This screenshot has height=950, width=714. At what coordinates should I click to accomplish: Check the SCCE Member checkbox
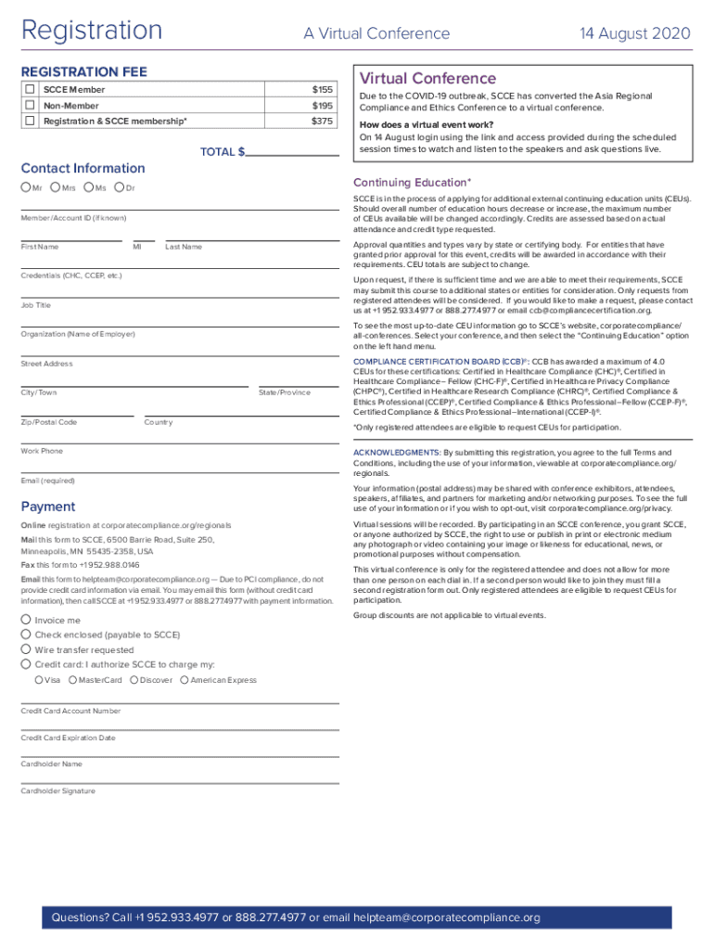[x=31, y=89]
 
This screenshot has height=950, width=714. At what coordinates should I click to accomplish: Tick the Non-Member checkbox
[x=31, y=105]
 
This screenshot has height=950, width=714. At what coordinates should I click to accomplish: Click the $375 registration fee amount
[x=322, y=121]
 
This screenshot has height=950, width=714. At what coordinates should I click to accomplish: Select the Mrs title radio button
[x=56, y=188]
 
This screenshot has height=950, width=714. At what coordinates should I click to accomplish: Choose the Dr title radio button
[x=119, y=188]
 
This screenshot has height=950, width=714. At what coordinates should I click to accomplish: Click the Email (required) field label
[x=47, y=481]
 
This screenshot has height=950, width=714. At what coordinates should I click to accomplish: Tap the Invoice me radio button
[x=25, y=620]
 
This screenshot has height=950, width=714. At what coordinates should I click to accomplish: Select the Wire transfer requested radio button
[x=25, y=649]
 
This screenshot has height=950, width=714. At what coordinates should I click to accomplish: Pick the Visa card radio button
[x=38, y=680]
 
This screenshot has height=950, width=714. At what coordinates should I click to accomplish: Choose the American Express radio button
[x=183, y=680]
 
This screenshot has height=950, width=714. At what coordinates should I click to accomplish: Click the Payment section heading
[x=48, y=507]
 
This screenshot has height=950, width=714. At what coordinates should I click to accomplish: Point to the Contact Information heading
[x=83, y=168]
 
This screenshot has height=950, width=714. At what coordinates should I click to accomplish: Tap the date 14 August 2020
[x=635, y=33]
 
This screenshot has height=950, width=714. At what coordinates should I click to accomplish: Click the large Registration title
[x=92, y=31]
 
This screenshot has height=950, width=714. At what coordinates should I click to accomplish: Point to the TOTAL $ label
[x=223, y=151]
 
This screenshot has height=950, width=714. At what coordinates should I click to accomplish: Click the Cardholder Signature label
[x=57, y=791]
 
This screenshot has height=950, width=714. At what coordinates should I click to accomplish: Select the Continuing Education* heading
[x=412, y=182]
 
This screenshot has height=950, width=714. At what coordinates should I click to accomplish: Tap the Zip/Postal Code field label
[x=48, y=422]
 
